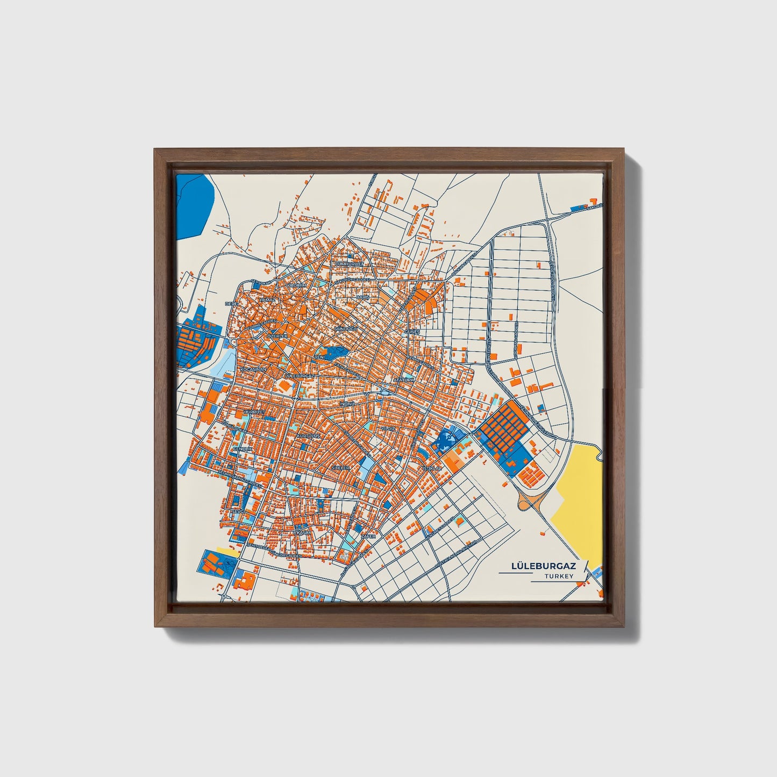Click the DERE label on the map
pyautogui.click(x=231, y=304)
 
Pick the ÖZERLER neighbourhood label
pyautogui.click(x=278, y=336)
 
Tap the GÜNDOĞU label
pyautogui.click(x=345, y=328)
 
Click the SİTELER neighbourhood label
pyautogui.click(x=340, y=468)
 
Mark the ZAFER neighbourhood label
pyautogui.click(x=368, y=536)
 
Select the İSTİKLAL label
pyautogui.click(x=431, y=468)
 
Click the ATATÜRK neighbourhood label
pyautogui.click(x=404, y=380)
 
